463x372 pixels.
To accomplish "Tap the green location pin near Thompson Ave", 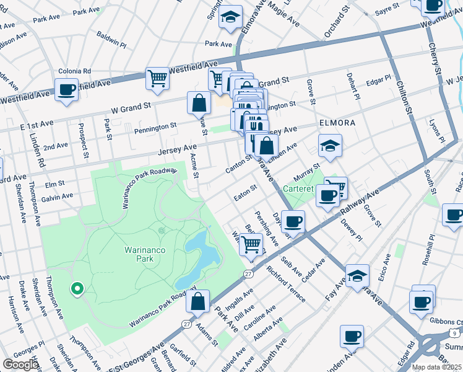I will coord(77,288).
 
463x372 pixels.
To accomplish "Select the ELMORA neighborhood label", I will coord(337,123).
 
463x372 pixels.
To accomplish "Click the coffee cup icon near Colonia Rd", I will coord(66,89).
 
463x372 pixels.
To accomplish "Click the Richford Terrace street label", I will coord(286,284).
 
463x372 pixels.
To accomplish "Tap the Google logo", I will coord(20,364).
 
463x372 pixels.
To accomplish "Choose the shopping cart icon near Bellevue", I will coord(251,244).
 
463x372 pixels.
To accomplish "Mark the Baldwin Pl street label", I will coord(111,40).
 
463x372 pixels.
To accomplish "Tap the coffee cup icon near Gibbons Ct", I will coord(422,302).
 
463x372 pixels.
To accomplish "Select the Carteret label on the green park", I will coord(300,188).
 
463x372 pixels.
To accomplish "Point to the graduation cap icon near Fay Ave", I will coord(357,275).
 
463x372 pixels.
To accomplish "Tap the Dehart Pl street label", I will coord(353,86).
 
